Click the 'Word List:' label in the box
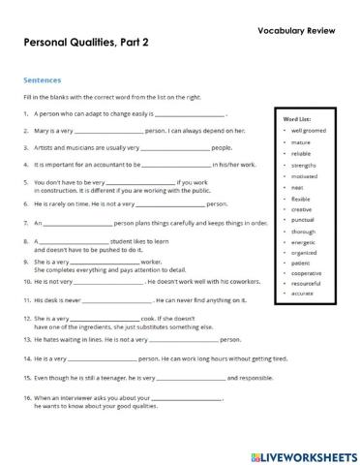pyautogui.click(x=296, y=117)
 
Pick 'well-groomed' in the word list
pyautogui.click(x=309, y=129)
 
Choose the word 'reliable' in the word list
pyautogui.click(x=301, y=153)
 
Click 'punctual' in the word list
pyautogui.click(x=302, y=220)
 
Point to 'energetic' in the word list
pyautogui.click(x=303, y=242)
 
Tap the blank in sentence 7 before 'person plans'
pyautogui.click(x=78, y=223)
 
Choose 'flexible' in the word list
pyautogui.click(x=301, y=199)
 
